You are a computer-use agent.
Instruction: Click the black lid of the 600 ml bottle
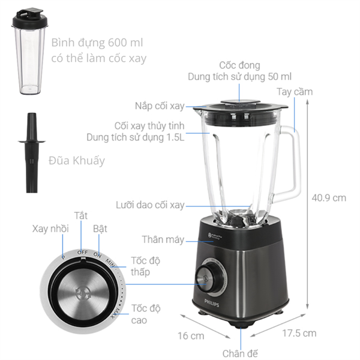pyautogui.click(x=30, y=19)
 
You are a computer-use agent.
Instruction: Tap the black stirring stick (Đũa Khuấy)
pyautogui.click(x=32, y=152)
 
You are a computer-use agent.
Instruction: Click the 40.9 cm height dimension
pyautogui.click(x=329, y=198)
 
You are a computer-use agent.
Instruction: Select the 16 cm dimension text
pyautogui.click(x=191, y=336)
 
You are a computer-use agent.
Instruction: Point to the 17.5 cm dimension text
pyautogui.click(x=299, y=333)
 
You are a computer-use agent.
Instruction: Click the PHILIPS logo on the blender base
pyautogui.click(x=212, y=303)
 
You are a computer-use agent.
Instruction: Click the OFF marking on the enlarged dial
pyautogui.click(x=82, y=253)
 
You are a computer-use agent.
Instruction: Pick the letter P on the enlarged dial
pyautogui.click(x=64, y=257)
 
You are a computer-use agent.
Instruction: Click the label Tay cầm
pyautogui.click(x=295, y=92)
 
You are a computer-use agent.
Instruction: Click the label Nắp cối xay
pyautogui.click(x=160, y=106)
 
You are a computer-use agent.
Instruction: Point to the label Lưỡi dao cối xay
pyautogui.click(x=150, y=205)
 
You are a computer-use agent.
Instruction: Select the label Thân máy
pyautogui.click(x=163, y=239)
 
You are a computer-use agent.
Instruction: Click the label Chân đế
pyautogui.click(x=240, y=353)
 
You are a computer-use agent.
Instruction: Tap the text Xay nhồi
pyautogui.click(x=50, y=229)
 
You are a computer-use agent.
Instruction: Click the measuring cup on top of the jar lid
pyautogui.click(x=240, y=102)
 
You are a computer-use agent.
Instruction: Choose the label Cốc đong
pyautogui.click(x=239, y=65)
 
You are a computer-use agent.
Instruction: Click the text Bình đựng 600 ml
pyautogui.click(x=97, y=43)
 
